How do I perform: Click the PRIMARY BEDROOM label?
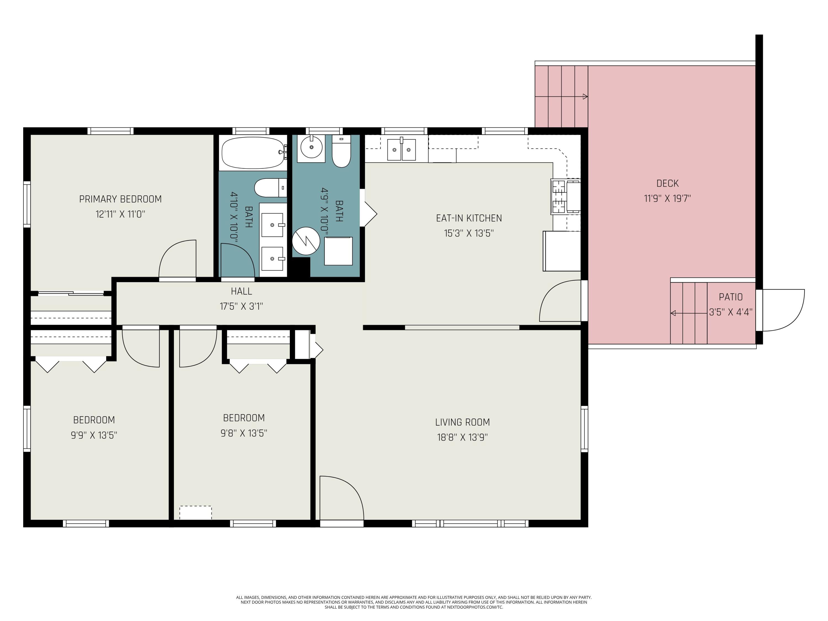tap(120, 199)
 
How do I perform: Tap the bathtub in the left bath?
tap(253, 153)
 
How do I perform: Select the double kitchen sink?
tap(401, 149)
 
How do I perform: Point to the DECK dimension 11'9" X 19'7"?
tap(667, 198)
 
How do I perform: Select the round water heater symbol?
tap(306, 241)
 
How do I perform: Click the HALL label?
tap(242, 291)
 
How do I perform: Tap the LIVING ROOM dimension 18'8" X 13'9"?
tap(462, 437)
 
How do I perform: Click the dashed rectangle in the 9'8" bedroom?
tap(195, 513)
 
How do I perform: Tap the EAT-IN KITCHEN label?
tap(469, 218)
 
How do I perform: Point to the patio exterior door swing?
tap(783, 310)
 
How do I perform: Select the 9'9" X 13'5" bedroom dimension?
tap(94, 435)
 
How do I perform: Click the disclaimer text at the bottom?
tap(414, 602)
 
